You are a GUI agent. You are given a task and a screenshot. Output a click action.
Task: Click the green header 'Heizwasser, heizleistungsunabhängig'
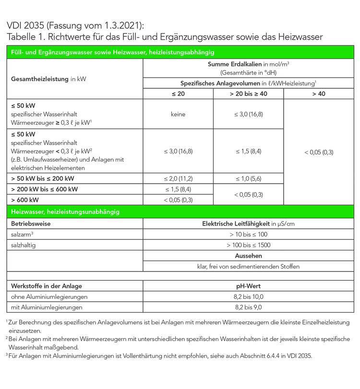(x=66, y=212)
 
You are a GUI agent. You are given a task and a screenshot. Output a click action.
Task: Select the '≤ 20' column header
(x=178, y=94)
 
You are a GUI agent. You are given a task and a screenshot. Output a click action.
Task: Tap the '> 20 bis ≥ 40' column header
(x=248, y=94)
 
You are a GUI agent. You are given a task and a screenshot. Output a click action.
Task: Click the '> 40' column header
(x=319, y=94)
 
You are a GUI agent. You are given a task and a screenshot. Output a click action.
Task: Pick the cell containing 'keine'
(x=178, y=115)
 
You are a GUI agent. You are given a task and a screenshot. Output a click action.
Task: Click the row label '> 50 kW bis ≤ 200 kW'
(x=42, y=178)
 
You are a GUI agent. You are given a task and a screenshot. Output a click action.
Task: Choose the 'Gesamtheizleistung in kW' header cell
(x=42, y=78)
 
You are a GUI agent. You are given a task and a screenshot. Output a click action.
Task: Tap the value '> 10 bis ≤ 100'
(x=248, y=235)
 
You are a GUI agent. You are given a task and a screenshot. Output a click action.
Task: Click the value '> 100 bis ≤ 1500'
(x=248, y=245)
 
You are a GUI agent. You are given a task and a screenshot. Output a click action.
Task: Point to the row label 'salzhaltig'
(x=24, y=245)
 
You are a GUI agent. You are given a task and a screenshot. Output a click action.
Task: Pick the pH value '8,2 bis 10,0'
(x=248, y=297)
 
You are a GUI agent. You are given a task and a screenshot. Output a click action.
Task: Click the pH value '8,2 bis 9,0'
(x=248, y=307)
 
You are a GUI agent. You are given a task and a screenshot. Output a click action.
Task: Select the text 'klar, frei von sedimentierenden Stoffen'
(x=248, y=267)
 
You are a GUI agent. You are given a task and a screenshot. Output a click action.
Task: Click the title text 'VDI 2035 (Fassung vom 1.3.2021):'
(x=75, y=25)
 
